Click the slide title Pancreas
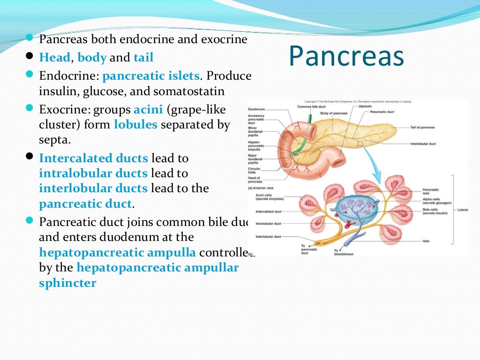[346, 56]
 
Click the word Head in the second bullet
[54, 58]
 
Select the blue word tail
[143, 58]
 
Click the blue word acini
[148, 110]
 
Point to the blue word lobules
[137, 125]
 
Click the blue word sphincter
[67, 283]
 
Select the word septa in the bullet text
[54, 140]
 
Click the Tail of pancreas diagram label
[422, 127]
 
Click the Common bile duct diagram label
[310, 106]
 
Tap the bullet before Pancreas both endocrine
[29, 37]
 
